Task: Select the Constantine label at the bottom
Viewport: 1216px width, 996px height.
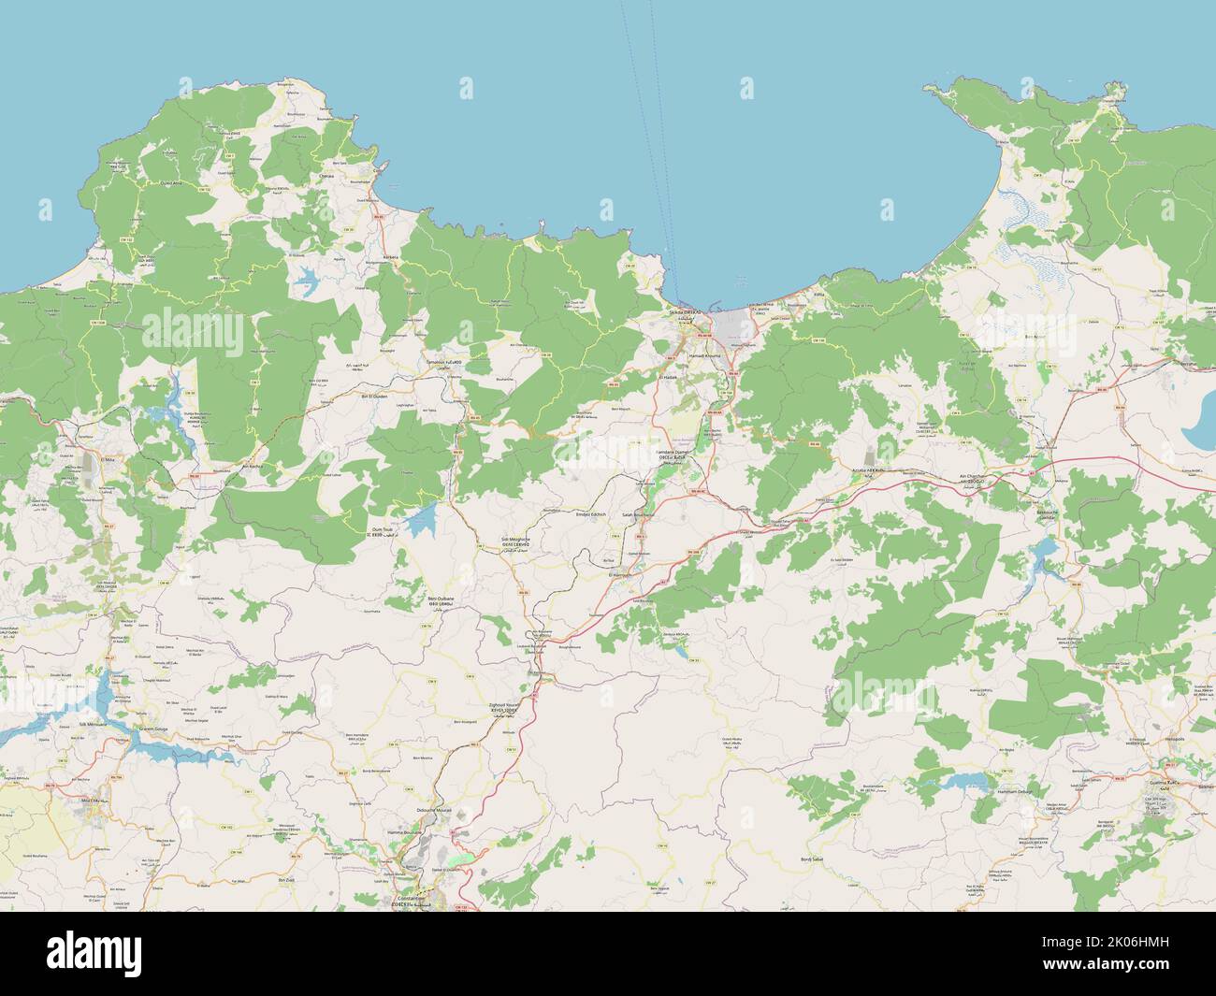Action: click(x=412, y=900)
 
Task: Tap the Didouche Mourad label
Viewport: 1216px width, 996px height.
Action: click(x=431, y=811)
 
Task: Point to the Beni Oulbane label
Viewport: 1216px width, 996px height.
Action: click(x=441, y=599)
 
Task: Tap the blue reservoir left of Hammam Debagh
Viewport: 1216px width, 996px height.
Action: click(x=961, y=781)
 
